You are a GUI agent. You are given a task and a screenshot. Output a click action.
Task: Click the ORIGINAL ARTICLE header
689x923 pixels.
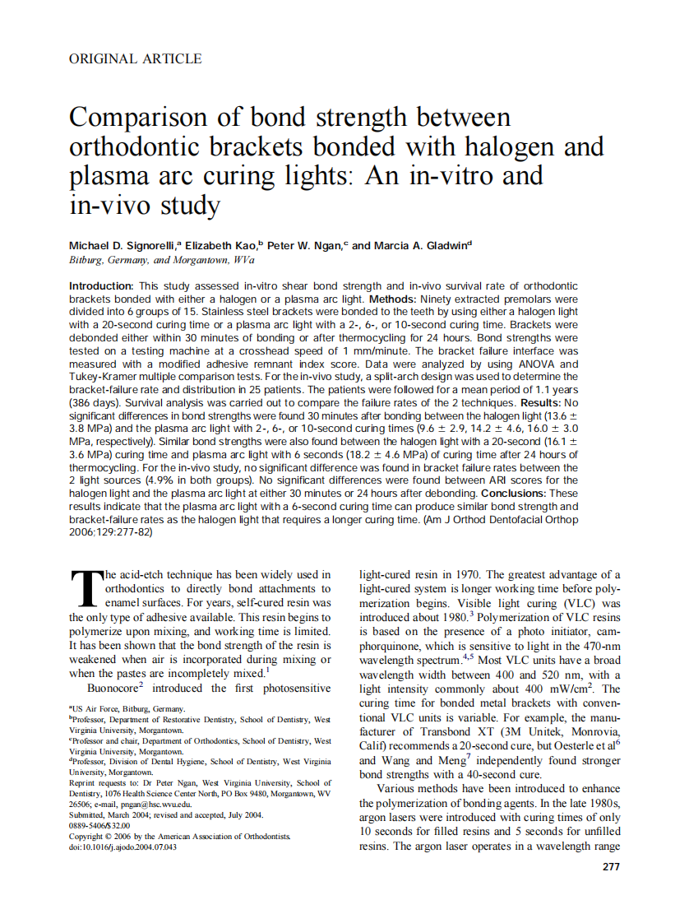(x=136, y=58)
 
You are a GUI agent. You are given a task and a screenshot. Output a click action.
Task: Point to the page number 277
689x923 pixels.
(x=611, y=866)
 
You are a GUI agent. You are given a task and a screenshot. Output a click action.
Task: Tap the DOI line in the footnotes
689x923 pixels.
(x=123, y=846)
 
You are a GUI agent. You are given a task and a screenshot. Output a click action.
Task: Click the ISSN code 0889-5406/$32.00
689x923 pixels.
(x=99, y=825)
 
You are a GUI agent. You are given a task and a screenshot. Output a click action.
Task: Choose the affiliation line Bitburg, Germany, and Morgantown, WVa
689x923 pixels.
(x=161, y=260)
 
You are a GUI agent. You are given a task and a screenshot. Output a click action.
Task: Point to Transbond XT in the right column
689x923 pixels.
(x=457, y=731)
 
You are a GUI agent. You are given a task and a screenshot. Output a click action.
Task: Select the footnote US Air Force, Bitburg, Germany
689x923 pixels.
(x=128, y=708)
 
